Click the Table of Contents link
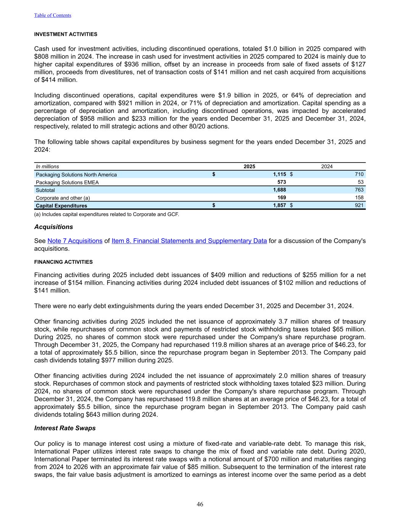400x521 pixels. tap(53, 15)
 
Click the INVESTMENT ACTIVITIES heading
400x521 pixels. tap(66, 34)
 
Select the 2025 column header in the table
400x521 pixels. tap(249, 166)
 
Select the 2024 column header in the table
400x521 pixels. tap(327, 166)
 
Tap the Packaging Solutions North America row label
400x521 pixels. tap(76, 175)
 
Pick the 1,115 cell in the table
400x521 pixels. tap(279, 174)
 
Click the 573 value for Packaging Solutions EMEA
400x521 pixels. tap(281, 182)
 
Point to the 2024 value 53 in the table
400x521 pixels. tap(360, 182)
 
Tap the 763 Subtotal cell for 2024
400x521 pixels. tap(359, 190)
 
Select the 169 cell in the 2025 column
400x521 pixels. tap(281, 197)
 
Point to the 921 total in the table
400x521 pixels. tap(359, 205)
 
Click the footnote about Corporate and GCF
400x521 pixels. tap(106, 214)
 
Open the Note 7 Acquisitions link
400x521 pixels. tap(75, 241)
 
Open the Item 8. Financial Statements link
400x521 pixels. tap(189, 241)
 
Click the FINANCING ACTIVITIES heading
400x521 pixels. tap(63, 262)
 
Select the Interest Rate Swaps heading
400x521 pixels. tap(65, 428)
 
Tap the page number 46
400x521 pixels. tap(200, 505)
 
